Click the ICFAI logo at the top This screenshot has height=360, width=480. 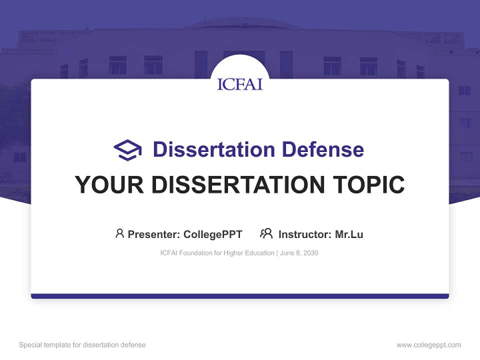coord(240,83)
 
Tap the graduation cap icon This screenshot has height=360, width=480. coord(127,150)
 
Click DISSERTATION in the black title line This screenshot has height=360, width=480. coord(237,184)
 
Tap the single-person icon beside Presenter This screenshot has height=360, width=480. coord(119,233)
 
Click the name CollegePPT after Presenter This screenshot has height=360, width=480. coord(212,234)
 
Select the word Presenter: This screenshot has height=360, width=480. coord(154,234)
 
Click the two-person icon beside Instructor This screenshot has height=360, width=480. coord(266,233)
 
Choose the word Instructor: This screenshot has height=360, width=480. coord(304,234)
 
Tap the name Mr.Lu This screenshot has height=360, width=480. coord(349,234)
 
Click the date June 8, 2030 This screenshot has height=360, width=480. coord(299,253)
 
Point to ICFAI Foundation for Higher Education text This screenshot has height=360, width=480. coord(217,253)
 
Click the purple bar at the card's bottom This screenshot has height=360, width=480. coord(240,296)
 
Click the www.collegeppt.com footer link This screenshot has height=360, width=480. coord(428,345)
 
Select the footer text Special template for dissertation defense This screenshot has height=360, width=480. coord(82,345)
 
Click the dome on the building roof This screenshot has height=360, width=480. coord(240,22)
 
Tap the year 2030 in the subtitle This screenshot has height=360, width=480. coord(310,253)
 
